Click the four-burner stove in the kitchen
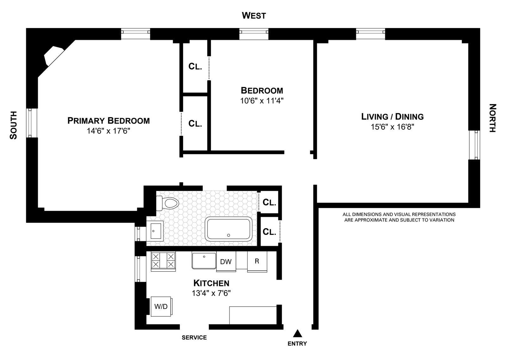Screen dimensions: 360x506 pos(163,260)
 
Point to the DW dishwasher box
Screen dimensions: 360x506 pos(226,262)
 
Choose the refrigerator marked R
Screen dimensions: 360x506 pos(257,261)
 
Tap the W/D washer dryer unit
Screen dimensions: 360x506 pos(161,306)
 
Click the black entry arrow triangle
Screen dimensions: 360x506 pos(297,333)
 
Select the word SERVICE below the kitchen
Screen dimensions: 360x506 pos(194,338)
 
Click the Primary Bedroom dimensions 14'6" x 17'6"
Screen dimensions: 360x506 pos(108,131)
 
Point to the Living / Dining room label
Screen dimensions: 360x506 pos(392,117)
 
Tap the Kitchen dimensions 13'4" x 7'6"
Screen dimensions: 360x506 pos(211,293)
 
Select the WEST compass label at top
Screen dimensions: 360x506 pos(254,15)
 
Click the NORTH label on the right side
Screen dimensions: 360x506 pos(492,118)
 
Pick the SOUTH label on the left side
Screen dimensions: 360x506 pos(13,125)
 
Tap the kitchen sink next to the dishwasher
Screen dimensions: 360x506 pos(204,261)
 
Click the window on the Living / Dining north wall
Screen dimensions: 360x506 pos(474,145)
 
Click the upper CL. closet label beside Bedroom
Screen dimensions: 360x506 pos(195,66)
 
